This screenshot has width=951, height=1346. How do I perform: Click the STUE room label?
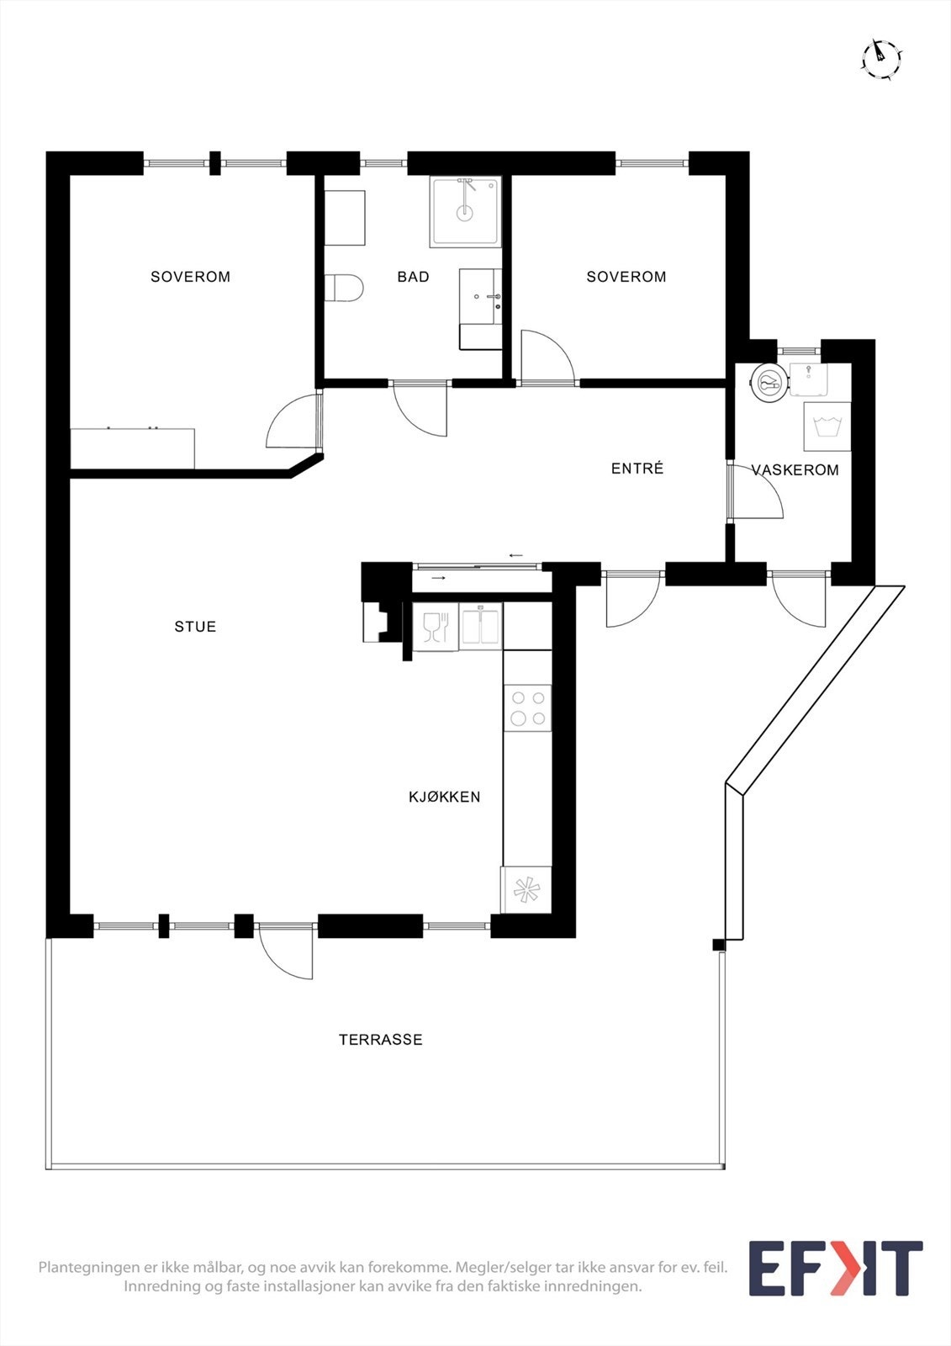(x=195, y=627)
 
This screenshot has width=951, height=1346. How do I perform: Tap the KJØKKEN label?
(x=444, y=797)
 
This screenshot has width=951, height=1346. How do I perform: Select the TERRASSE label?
(x=380, y=1040)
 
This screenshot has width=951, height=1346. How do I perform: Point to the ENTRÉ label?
(x=637, y=469)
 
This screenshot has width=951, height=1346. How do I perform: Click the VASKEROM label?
(x=795, y=470)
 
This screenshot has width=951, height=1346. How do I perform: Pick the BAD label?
(x=413, y=277)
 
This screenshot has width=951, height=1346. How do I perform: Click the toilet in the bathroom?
(x=344, y=288)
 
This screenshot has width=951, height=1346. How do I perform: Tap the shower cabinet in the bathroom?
(x=465, y=211)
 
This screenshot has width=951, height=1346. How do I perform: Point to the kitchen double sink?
(x=480, y=627)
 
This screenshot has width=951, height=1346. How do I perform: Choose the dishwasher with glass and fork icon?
(x=436, y=627)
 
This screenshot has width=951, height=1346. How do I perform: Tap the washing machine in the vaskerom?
(x=827, y=427)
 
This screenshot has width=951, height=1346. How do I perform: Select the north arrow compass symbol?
(x=881, y=58)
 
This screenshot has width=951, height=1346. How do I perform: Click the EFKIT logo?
(x=835, y=1269)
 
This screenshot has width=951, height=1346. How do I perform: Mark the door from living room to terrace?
(x=287, y=951)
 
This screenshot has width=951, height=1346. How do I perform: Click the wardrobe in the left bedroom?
(x=132, y=448)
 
